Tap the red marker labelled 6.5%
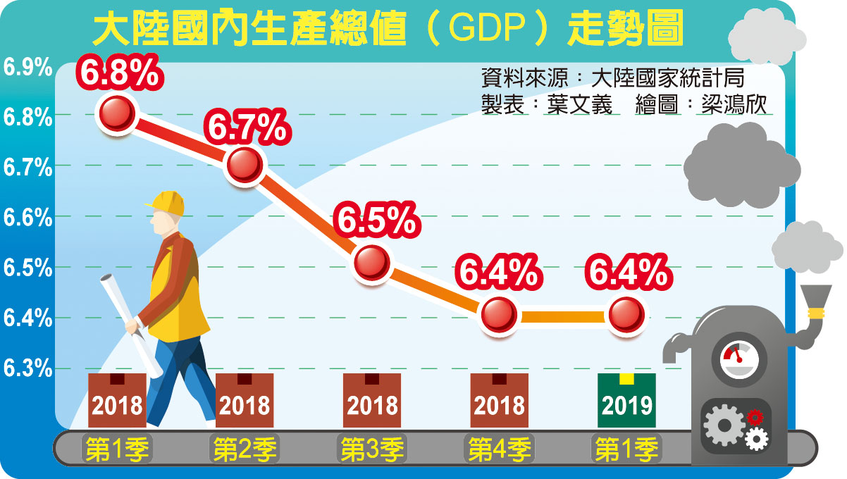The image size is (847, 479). [x=371, y=263]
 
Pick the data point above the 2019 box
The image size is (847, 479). [x=626, y=315]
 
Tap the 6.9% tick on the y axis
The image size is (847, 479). [x=27, y=68]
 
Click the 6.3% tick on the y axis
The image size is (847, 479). [x=27, y=368]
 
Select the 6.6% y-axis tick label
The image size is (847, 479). [x=27, y=218]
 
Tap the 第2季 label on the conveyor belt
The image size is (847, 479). [x=245, y=449]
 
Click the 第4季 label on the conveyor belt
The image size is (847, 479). [x=500, y=449]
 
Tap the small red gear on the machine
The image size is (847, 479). [x=755, y=418]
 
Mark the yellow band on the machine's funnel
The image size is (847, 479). [x=816, y=311]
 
